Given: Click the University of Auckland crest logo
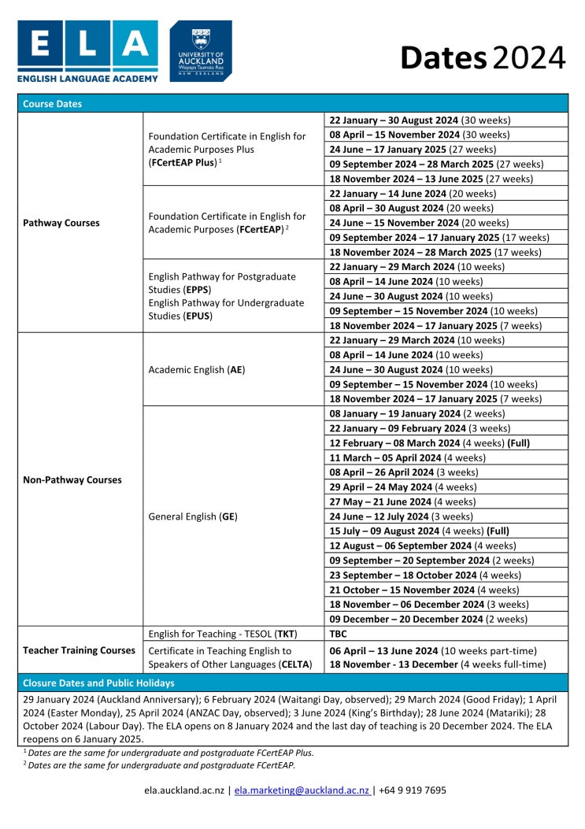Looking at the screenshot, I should [x=201, y=50].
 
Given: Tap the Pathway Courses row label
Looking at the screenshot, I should [x=61, y=223].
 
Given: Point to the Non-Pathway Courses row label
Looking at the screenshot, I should [x=72, y=479].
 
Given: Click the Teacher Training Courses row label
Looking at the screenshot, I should [x=80, y=650].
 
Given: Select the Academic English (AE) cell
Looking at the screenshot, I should [x=196, y=369].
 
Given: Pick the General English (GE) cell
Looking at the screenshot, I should [x=193, y=516].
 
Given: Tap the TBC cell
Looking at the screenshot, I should [x=339, y=634].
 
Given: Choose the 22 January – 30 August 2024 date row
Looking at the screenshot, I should [x=420, y=120].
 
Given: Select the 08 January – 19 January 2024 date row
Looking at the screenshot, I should [x=417, y=413].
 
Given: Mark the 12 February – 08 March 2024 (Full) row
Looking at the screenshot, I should [x=429, y=443].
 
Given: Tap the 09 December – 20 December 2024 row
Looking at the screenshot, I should [x=428, y=620].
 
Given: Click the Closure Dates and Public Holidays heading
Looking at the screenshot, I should [x=99, y=683].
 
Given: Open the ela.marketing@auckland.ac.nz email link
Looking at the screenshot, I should [x=302, y=790].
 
